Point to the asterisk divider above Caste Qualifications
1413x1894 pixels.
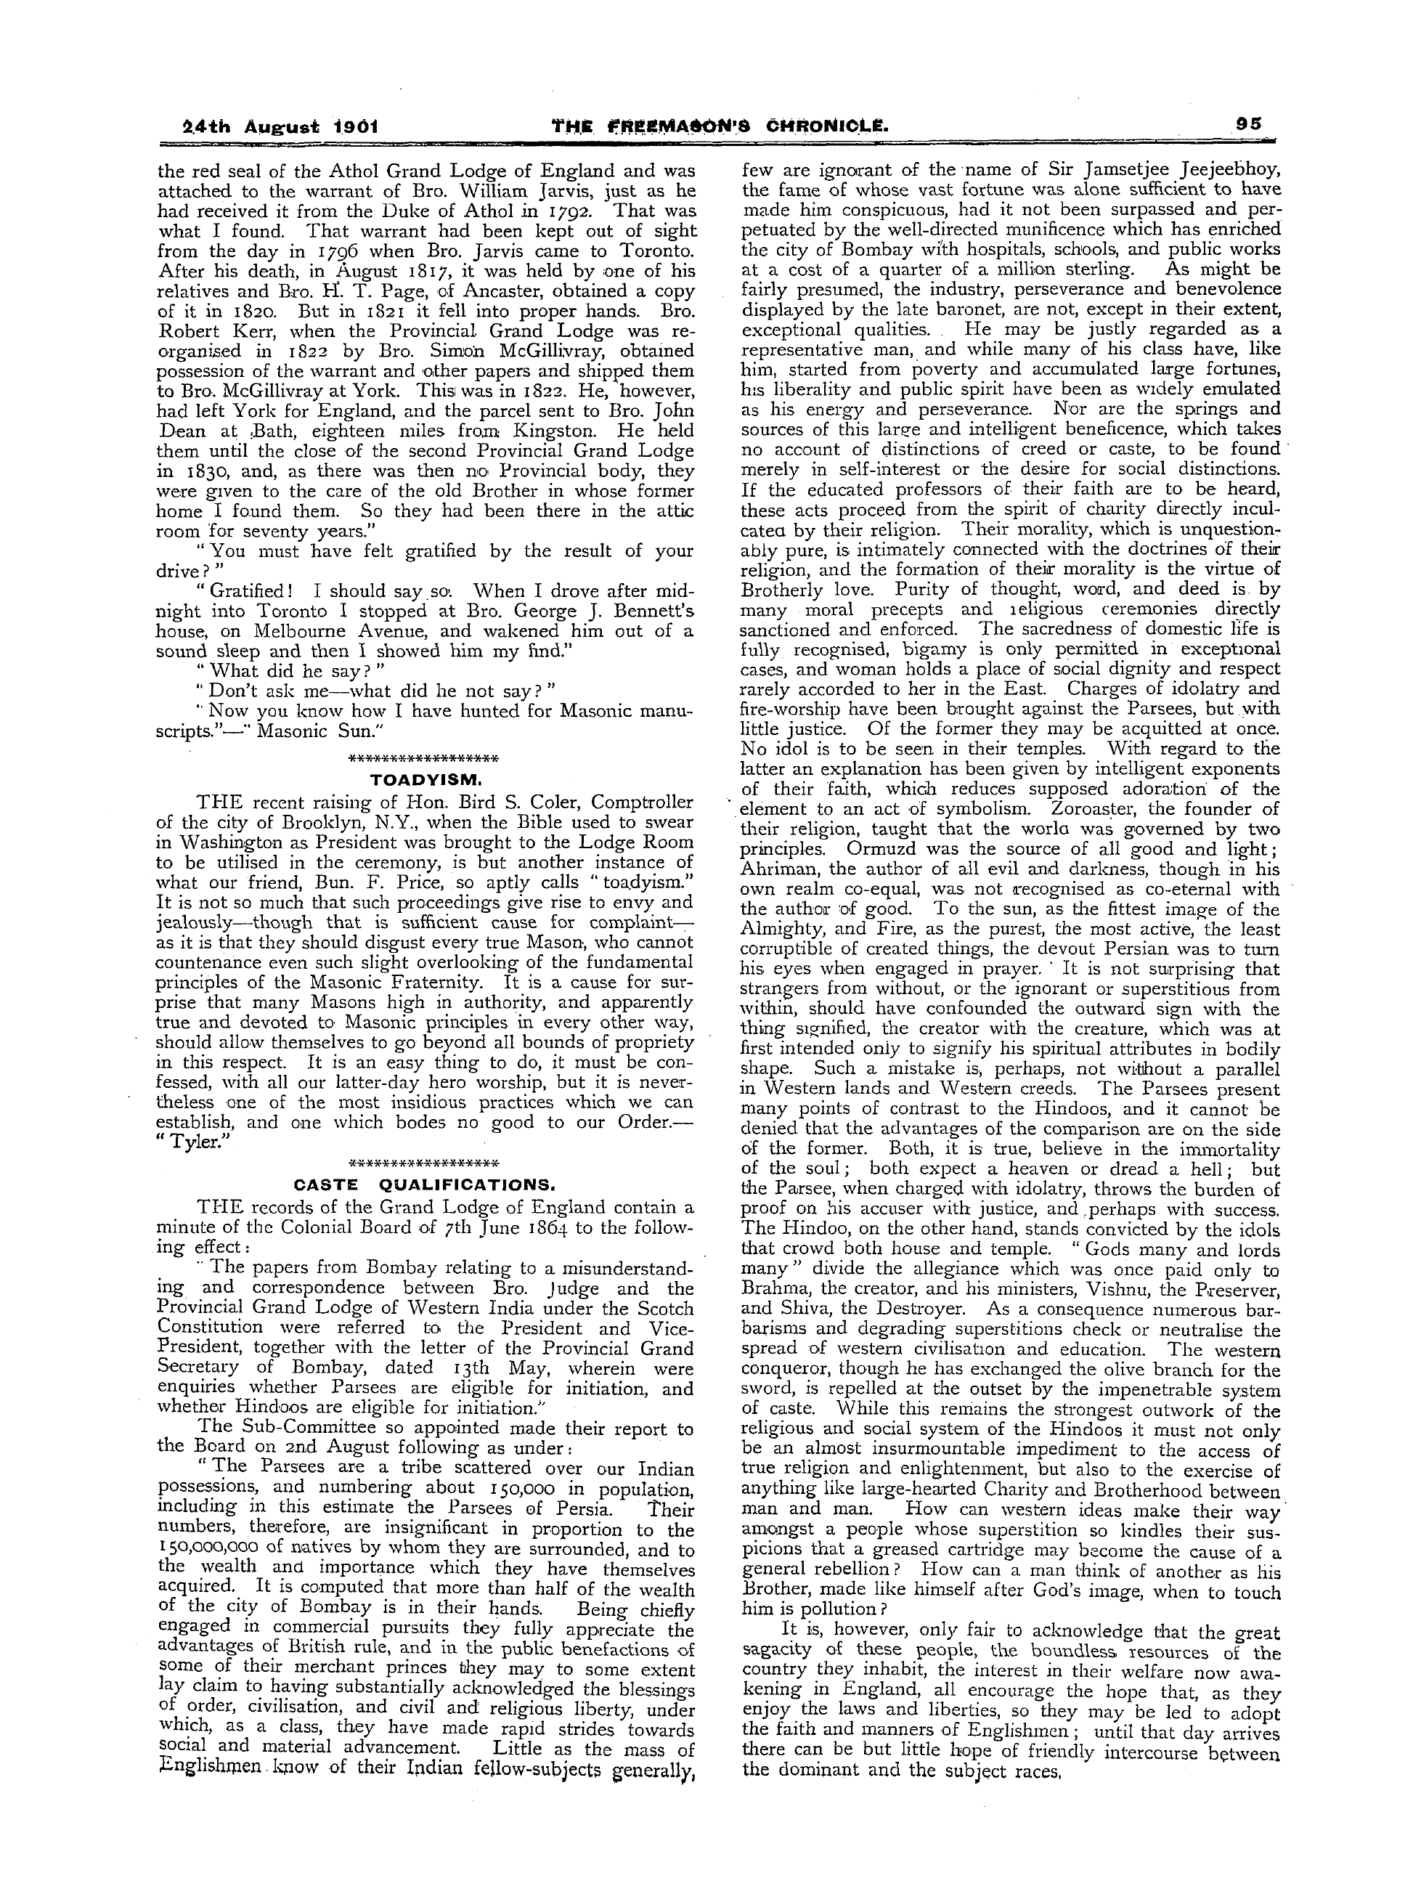tap(425, 1164)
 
